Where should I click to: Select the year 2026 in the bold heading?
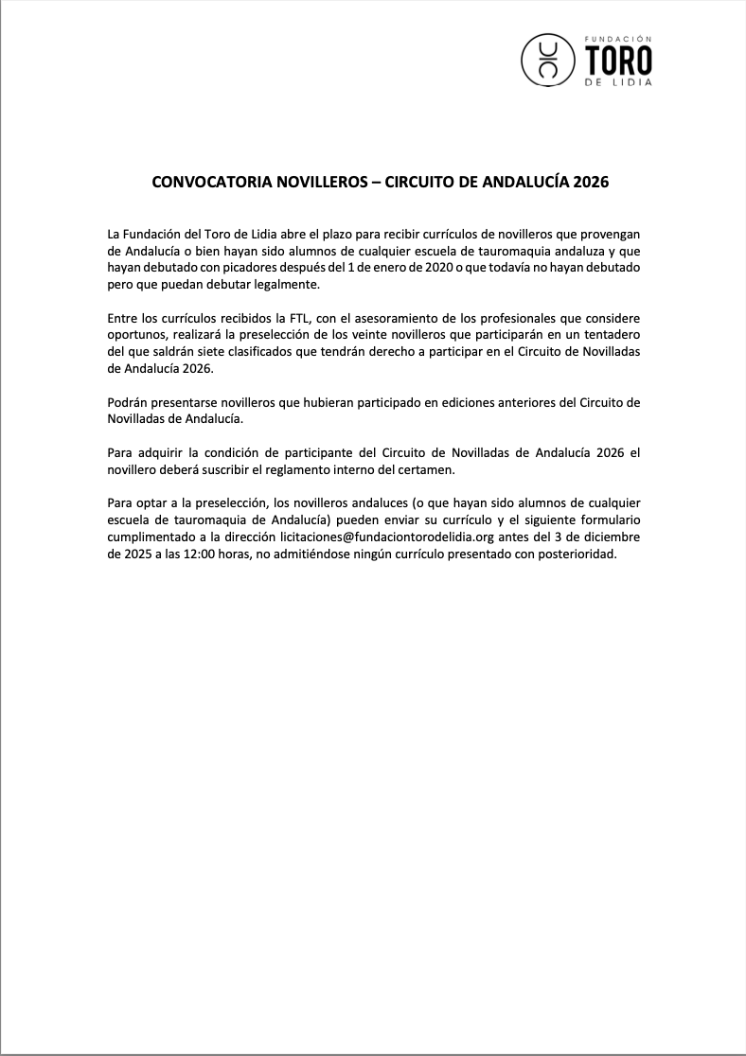click(591, 181)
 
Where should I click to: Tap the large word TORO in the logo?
click(619, 62)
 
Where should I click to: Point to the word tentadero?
click(611, 335)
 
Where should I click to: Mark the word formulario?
click(606, 520)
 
